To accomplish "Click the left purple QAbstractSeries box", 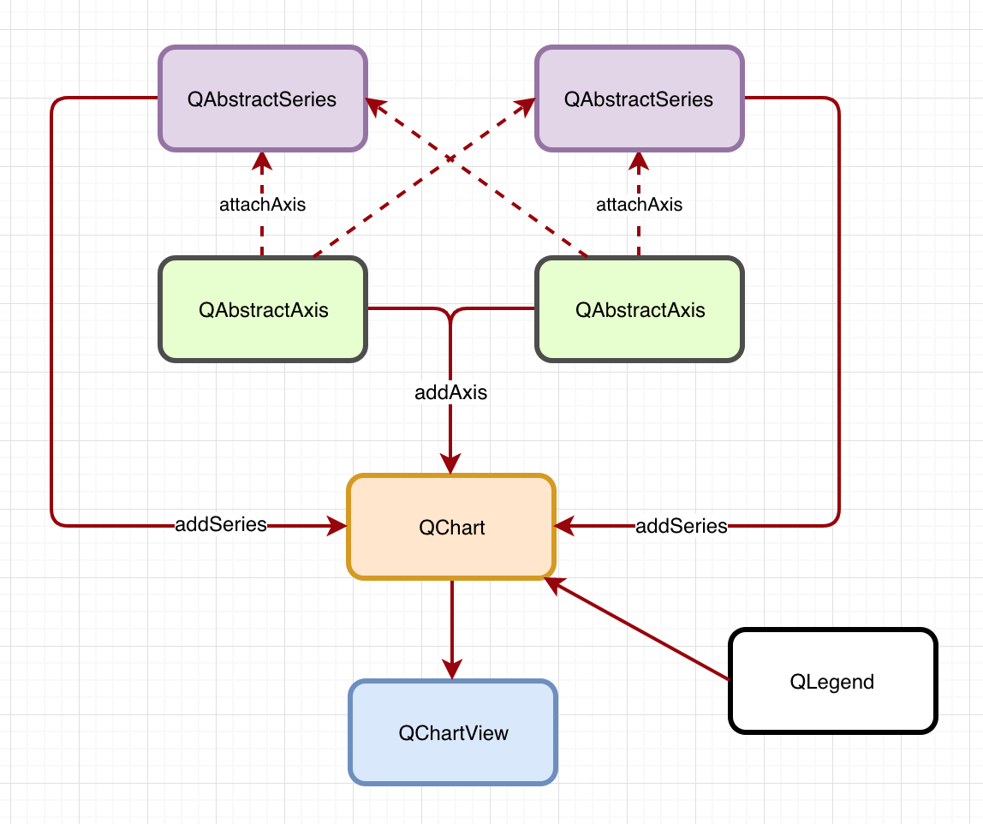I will (263, 99).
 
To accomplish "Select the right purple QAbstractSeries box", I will (640, 99).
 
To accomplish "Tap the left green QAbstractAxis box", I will (263, 309).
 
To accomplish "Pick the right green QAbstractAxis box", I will (640, 309).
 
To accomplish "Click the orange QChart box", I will (451, 527).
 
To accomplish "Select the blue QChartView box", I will (453, 732).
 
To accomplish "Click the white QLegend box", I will (832, 682).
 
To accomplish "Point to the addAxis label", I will (451, 393).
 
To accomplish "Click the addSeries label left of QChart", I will (221, 525).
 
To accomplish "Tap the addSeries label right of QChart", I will (682, 526).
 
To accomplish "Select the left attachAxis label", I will (262, 205).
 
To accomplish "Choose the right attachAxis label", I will (639, 205).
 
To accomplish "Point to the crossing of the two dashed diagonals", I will (450, 158).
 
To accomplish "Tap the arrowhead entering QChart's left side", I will (337, 526).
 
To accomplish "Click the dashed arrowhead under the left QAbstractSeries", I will (262, 160).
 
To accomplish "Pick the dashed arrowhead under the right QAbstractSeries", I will (639, 160).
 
